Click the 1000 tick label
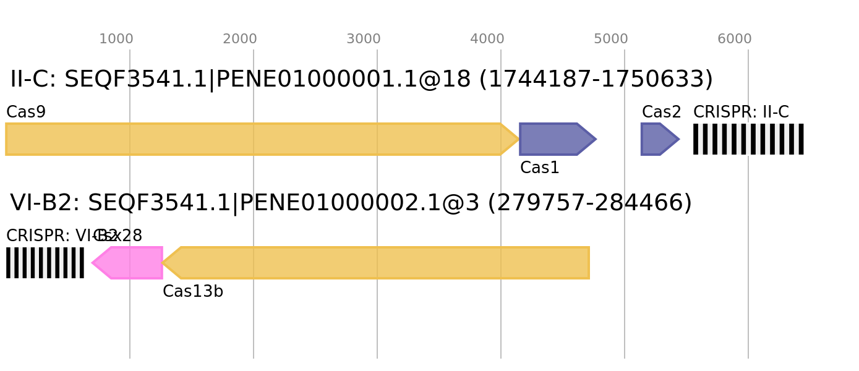(x=116, y=39)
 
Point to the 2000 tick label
(x=239, y=39)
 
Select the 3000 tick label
(x=363, y=39)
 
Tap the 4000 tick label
(x=487, y=39)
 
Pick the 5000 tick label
(x=610, y=39)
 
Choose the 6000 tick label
(x=734, y=39)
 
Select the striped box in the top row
(x=748, y=139)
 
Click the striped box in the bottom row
(x=45, y=263)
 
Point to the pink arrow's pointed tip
(x=92, y=263)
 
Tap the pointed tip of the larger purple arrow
(x=596, y=139)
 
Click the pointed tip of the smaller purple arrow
(x=679, y=139)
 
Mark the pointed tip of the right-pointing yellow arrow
(x=518, y=139)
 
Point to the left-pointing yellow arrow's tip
(x=163, y=263)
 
